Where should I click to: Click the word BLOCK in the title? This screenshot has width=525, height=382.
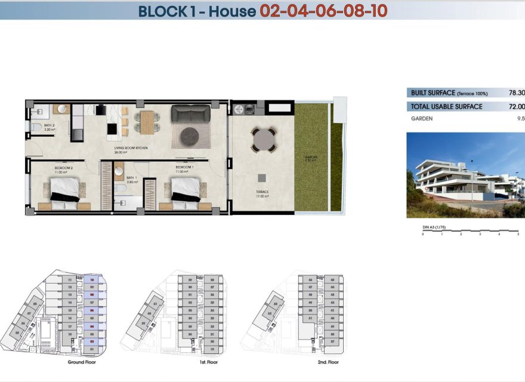(x=160, y=11)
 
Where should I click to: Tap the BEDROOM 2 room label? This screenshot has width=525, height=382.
(x=63, y=168)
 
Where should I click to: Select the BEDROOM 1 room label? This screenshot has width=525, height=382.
(x=184, y=167)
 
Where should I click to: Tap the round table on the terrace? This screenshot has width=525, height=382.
(x=262, y=141)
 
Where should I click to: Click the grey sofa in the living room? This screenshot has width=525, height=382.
(x=191, y=113)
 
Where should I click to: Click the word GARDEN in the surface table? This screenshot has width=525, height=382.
(x=422, y=119)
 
